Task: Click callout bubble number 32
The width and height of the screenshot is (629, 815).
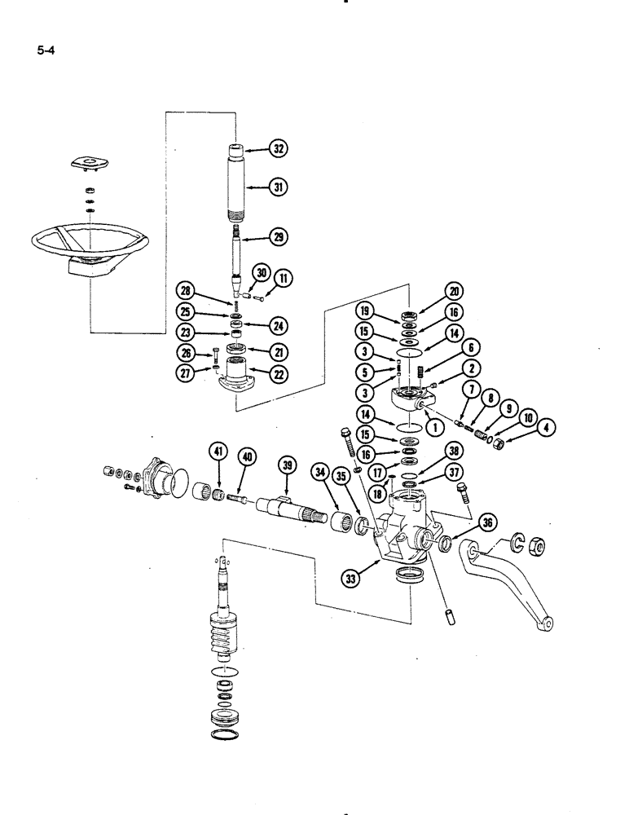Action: [279, 149]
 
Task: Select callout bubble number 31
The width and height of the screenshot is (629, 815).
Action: [279, 187]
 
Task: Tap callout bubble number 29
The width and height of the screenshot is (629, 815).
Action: [279, 237]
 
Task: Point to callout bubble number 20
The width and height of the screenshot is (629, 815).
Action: [452, 291]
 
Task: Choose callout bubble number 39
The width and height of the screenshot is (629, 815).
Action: [286, 464]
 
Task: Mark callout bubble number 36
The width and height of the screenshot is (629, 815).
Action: [487, 523]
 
